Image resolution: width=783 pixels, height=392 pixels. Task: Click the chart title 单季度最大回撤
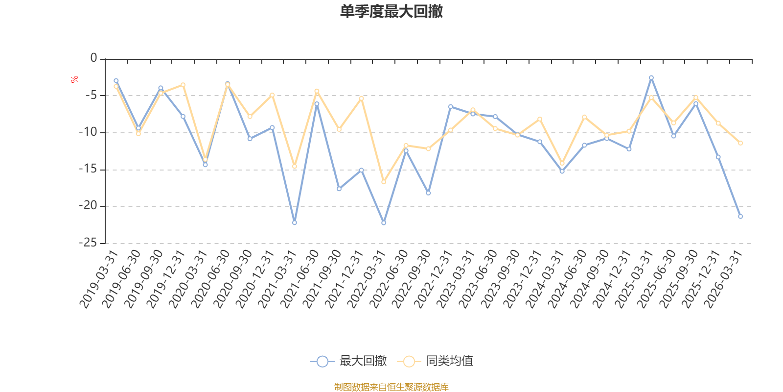pos(391,12)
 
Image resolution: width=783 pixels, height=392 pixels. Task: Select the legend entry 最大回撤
pos(348,361)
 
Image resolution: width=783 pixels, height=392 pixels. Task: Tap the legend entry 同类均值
pos(435,361)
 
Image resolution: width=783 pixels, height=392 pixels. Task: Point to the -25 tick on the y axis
pos(88,243)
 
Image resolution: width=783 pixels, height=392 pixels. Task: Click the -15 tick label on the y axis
pos(88,169)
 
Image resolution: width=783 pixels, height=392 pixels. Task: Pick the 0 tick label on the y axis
pos(93,58)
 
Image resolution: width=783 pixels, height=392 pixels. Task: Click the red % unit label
pos(74,79)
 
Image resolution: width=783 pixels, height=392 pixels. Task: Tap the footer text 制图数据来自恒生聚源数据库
pos(391,387)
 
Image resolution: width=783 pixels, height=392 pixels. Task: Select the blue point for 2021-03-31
pos(295,223)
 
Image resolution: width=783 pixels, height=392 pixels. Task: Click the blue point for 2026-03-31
pos(740,216)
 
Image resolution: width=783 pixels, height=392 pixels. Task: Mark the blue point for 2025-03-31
pos(651,77)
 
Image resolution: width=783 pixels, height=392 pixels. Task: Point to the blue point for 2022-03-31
pos(384,223)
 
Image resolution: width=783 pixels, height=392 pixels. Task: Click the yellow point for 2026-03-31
pos(740,143)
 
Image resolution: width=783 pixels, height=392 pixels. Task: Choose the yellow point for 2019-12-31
pos(183,85)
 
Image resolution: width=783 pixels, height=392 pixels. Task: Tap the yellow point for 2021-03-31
pos(295,167)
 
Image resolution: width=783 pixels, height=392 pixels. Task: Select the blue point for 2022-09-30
pos(428,193)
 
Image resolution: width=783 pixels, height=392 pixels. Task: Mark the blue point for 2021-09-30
pos(339,189)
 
